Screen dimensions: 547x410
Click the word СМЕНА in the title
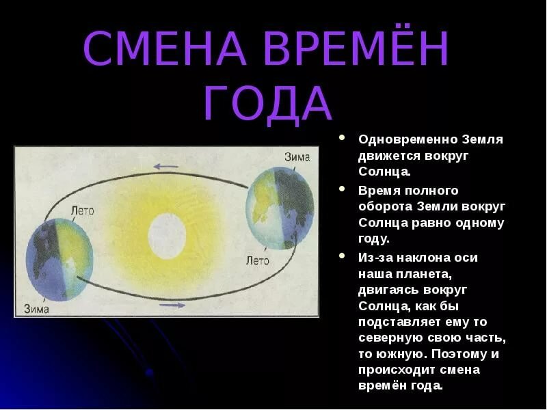point(164,49)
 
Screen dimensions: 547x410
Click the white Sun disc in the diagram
point(167,236)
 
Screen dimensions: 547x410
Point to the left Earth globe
point(59,260)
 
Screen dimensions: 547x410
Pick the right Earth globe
point(280,208)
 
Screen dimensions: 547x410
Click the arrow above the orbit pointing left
point(166,167)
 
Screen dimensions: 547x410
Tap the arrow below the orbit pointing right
point(172,305)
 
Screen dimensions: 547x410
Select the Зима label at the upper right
point(297,157)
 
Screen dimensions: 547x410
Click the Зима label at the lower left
point(37,309)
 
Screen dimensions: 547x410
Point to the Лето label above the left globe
point(82,210)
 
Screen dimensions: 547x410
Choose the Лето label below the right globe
point(258,260)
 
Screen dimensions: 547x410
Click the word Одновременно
point(408,139)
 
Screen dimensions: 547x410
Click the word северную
point(391,338)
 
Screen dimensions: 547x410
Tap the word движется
point(388,156)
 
